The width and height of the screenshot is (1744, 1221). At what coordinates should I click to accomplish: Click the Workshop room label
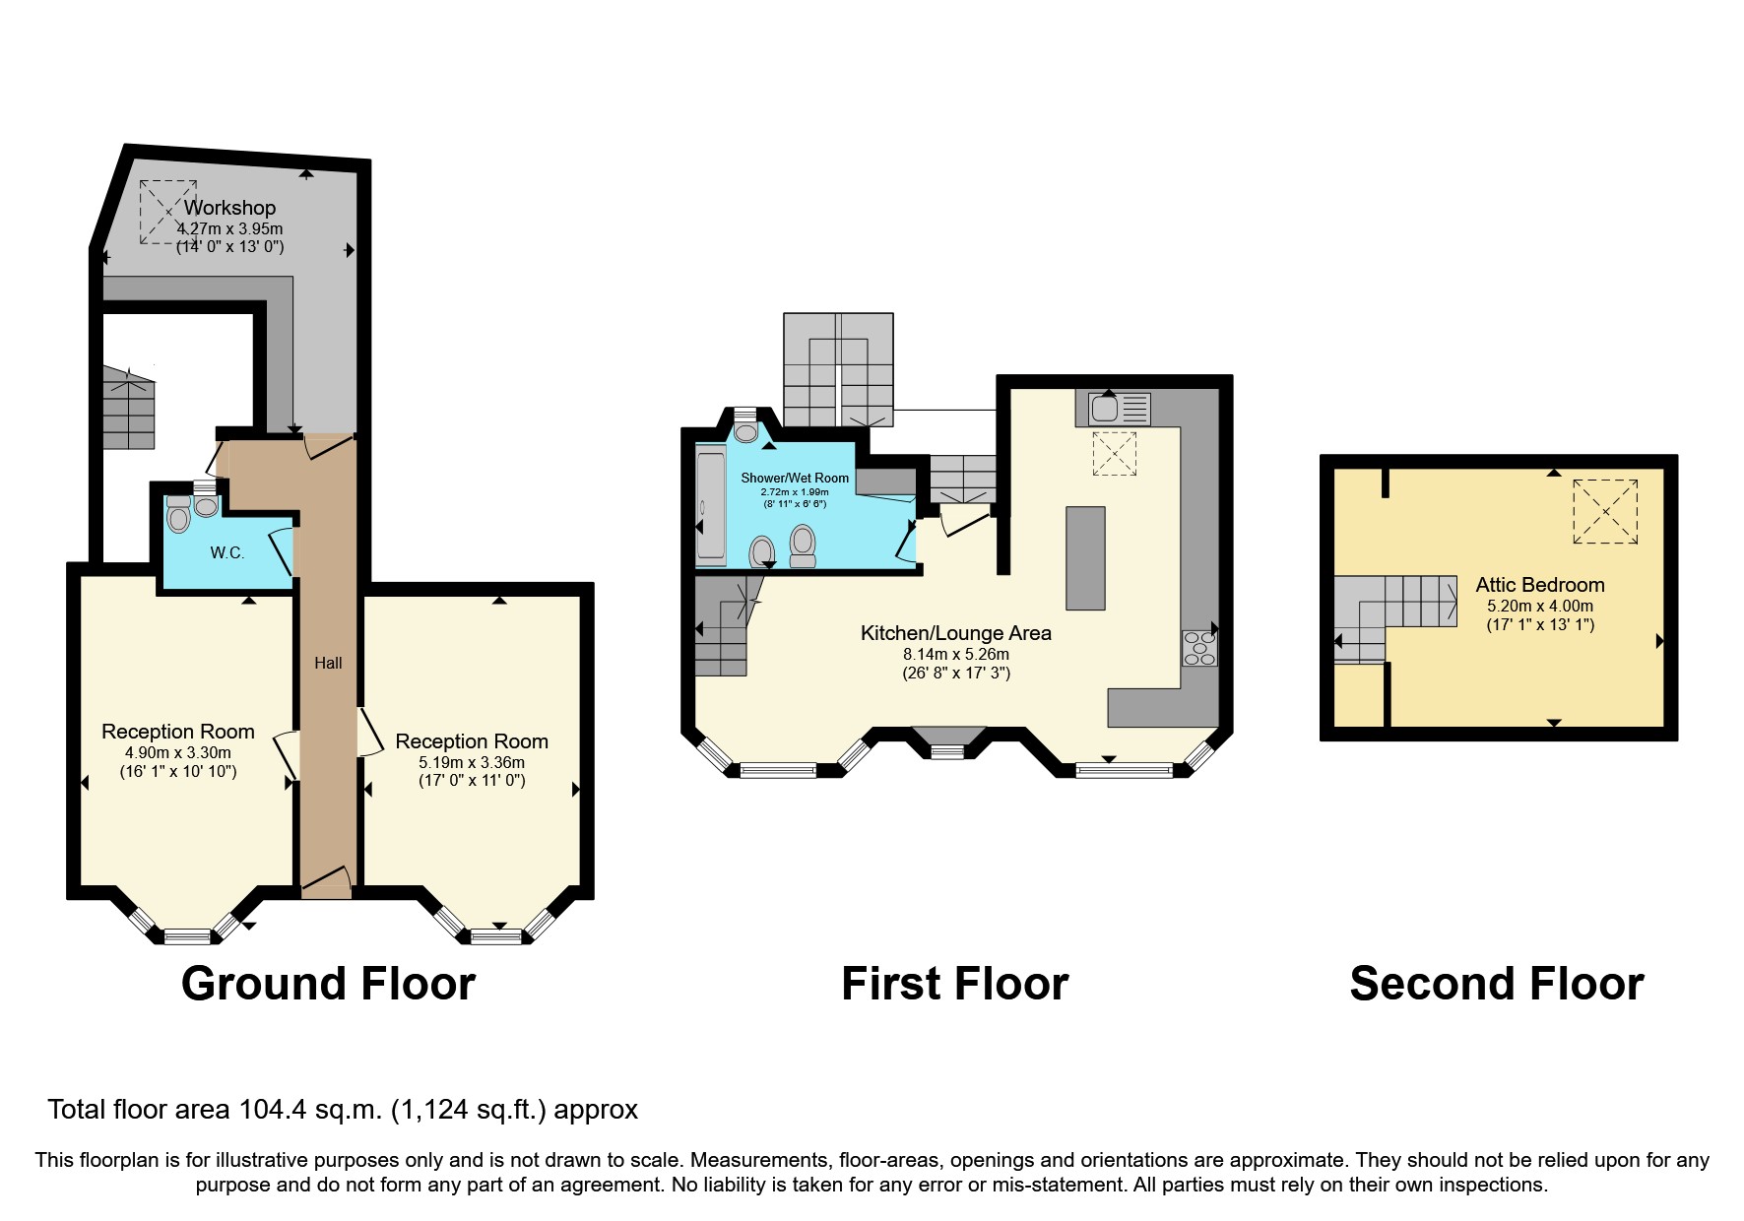pyautogui.click(x=229, y=208)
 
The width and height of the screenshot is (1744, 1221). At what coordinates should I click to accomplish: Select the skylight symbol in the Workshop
pyautogui.click(x=167, y=212)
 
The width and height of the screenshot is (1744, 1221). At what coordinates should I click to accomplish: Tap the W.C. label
pyautogui.click(x=226, y=552)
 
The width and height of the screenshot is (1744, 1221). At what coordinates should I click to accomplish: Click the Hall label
pyautogui.click(x=328, y=663)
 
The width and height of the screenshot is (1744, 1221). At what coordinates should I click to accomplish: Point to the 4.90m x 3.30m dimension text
pyautogui.click(x=178, y=752)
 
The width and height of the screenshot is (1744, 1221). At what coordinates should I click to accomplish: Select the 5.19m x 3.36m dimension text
pyautogui.click(x=472, y=762)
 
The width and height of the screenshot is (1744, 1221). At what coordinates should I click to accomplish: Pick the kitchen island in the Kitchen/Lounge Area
pyautogui.click(x=1085, y=557)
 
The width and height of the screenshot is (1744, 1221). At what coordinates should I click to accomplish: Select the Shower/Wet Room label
pyautogui.click(x=795, y=478)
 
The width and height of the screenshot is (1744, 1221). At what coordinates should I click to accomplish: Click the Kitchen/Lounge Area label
pyautogui.click(x=955, y=633)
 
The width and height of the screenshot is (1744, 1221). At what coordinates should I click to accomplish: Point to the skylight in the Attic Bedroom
pyautogui.click(x=1605, y=511)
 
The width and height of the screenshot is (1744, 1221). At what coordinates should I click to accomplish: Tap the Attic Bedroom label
pyautogui.click(x=1539, y=585)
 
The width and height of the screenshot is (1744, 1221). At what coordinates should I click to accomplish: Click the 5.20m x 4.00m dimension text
pyautogui.click(x=1539, y=607)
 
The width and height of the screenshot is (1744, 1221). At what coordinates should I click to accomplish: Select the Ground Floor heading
pyautogui.click(x=328, y=984)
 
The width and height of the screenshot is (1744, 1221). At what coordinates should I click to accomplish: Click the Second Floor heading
pyautogui.click(x=1496, y=984)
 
